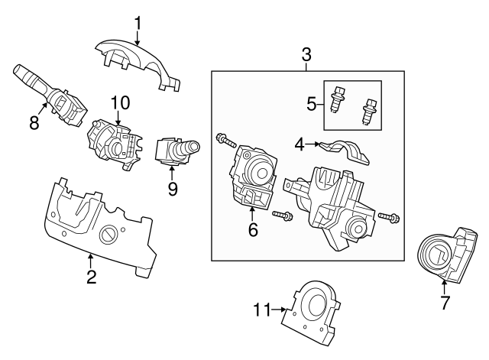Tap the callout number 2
click(91, 277)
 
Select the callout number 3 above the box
click(306, 54)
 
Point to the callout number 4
click(300, 142)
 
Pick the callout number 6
click(253, 229)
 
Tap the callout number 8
click(34, 122)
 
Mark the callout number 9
click(173, 188)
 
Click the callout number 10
click(120, 102)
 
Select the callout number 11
click(262, 310)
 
